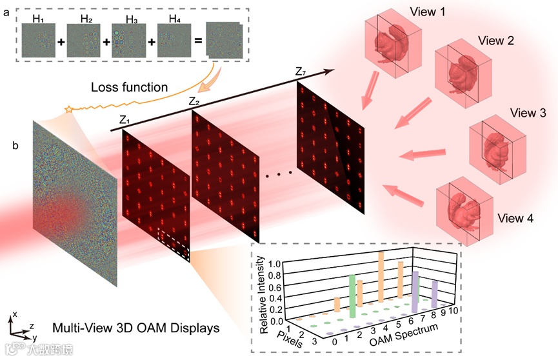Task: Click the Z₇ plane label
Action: tap(301, 71)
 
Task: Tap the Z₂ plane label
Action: tap(194, 101)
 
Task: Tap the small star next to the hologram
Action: tap(68, 110)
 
